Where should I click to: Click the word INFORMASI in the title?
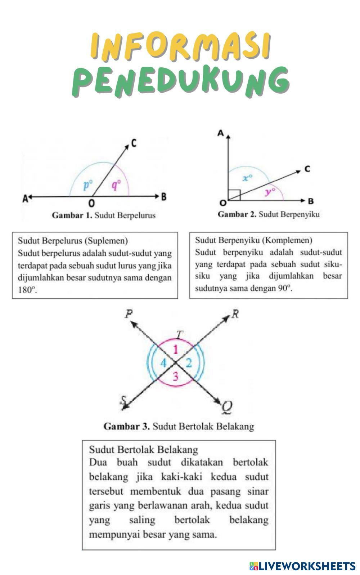180,46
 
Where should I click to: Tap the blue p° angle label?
87,185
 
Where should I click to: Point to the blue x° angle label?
247,178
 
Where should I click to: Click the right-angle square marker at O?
234,195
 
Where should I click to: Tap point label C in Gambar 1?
134,143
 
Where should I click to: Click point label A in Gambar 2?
221,133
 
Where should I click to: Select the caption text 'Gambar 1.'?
72,215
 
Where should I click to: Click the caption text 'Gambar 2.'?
237,214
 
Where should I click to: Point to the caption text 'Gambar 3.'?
126,427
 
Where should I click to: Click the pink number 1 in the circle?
175,349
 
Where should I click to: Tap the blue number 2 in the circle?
189,363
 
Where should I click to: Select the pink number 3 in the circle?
175,376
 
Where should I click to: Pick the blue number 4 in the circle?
163,363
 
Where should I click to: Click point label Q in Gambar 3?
226,407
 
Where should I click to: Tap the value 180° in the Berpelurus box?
27,290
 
